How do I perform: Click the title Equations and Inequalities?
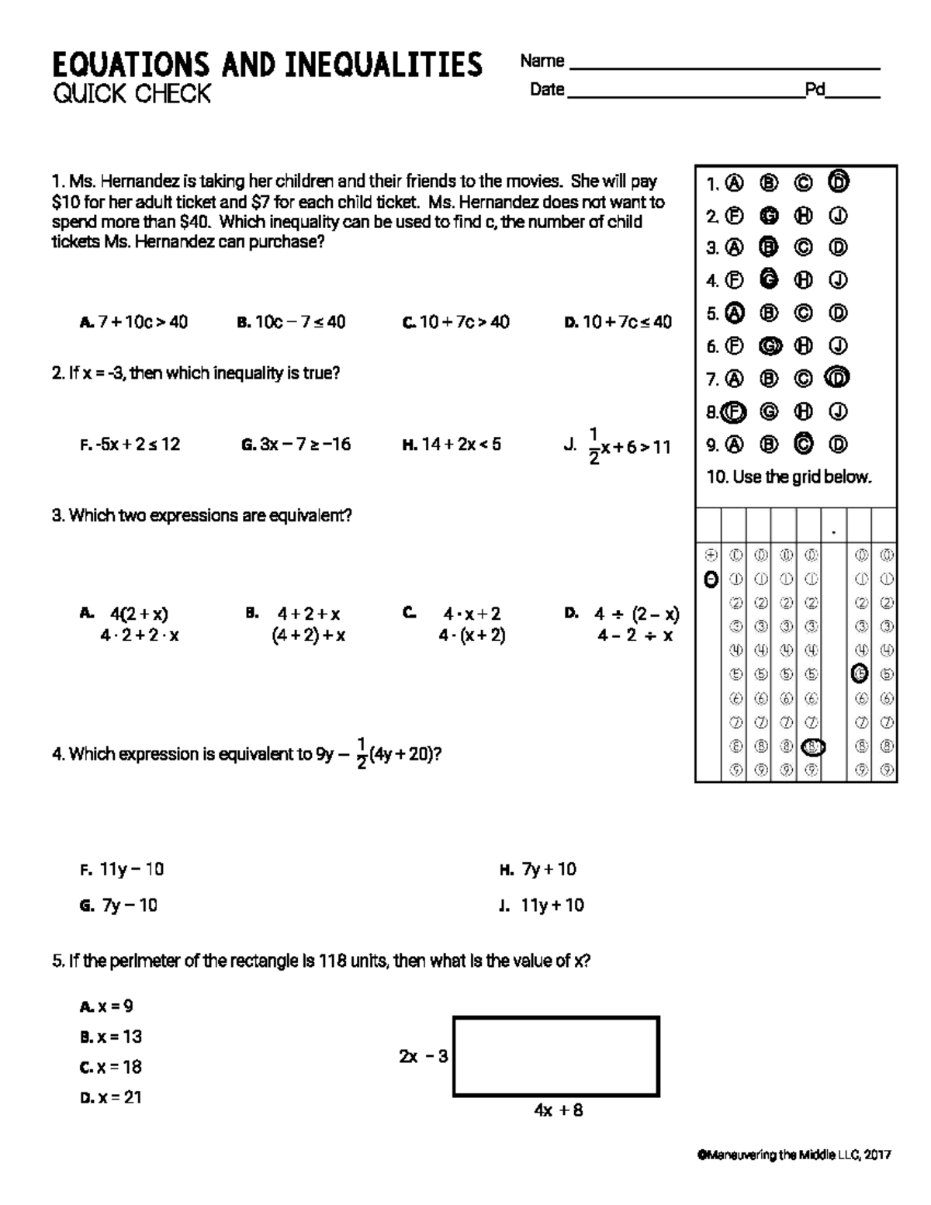point(267,64)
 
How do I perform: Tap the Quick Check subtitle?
point(131,94)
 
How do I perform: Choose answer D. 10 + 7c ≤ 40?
point(618,322)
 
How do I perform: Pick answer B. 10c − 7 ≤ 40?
point(291,322)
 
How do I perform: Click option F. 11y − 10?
point(122,869)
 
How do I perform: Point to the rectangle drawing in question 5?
point(555,1056)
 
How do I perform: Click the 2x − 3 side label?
point(423,1056)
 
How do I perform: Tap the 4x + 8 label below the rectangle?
point(558,1110)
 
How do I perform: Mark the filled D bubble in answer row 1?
point(838,182)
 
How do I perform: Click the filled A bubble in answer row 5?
point(734,313)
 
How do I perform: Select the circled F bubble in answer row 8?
point(734,412)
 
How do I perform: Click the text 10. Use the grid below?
point(788,477)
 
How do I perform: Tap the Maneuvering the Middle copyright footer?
point(794,1155)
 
